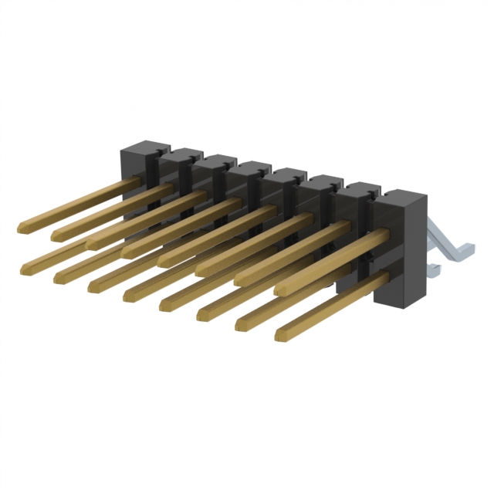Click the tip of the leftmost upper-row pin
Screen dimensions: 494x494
coord(22,227)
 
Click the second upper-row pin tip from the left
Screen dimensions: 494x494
coord(56,235)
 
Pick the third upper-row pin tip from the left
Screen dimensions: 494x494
coord(92,242)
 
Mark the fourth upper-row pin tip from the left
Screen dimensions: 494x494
coord(127,252)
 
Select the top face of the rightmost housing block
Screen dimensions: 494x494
coord(405,195)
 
